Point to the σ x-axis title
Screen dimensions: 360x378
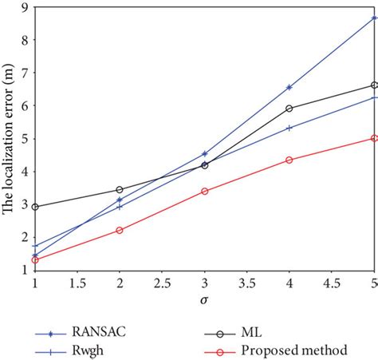pos(205,299)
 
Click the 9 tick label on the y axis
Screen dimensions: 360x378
pos(25,7)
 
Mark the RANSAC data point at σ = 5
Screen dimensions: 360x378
pos(374,18)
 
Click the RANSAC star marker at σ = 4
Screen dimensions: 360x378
pos(289,87)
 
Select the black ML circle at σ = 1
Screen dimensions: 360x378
pos(35,207)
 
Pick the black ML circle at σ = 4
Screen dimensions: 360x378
pos(289,109)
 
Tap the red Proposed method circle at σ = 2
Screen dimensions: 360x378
pos(120,230)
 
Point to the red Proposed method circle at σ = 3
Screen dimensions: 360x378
pos(205,192)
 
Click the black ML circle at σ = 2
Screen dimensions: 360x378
pos(120,190)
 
